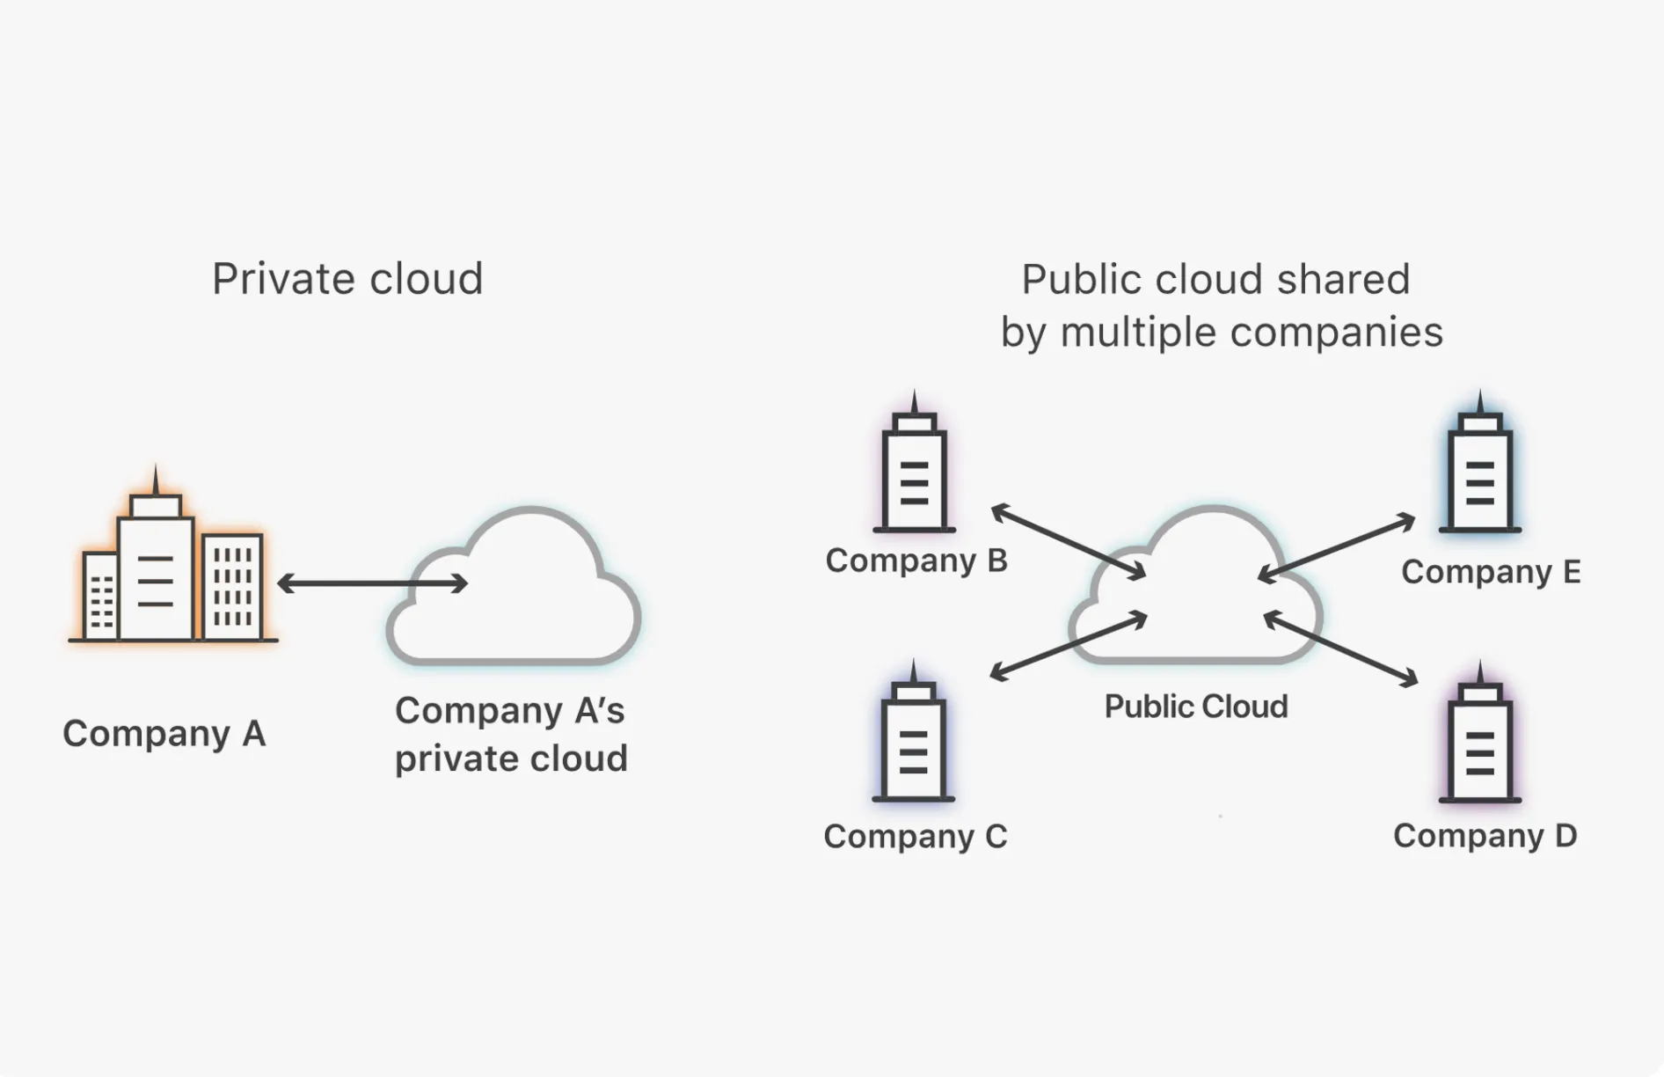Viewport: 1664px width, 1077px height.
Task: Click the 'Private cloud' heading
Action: click(347, 279)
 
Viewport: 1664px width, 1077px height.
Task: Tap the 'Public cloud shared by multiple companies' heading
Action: click(1221, 305)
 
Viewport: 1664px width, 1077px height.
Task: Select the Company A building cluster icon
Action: click(172, 563)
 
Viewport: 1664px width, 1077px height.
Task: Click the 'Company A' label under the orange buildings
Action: click(164, 733)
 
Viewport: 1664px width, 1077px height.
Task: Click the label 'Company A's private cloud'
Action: click(511, 734)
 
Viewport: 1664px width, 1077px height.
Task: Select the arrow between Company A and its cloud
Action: click(372, 582)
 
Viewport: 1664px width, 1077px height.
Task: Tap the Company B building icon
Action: click(914, 471)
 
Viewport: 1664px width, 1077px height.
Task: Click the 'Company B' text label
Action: click(916, 560)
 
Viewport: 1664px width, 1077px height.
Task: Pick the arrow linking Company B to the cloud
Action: click(1068, 542)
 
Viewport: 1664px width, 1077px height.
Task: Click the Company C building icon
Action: click(913, 739)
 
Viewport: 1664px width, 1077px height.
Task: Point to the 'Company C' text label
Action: click(915, 836)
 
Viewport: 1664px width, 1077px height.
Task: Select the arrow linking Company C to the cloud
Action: click(1068, 647)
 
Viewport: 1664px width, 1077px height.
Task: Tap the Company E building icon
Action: click(1479, 471)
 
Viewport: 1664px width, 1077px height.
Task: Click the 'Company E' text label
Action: click(1490, 572)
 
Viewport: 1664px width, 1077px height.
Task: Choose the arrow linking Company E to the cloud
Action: click(1336, 548)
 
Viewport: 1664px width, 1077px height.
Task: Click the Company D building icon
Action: click(1479, 740)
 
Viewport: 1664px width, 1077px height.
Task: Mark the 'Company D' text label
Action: click(1485, 835)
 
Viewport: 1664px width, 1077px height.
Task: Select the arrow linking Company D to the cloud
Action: click(1340, 649)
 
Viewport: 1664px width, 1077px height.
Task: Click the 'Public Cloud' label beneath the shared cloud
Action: click(1195, 706)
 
